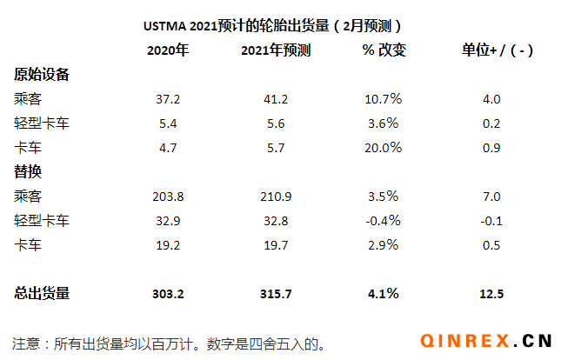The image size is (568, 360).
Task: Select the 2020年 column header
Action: point(168,50)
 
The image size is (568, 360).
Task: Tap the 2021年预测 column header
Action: point(275,50)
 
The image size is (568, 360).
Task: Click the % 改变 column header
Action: point(384,50)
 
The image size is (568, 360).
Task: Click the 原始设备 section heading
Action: point(42,74)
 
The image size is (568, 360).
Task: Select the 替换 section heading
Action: point(29,171)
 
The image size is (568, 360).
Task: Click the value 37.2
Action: point(168,99)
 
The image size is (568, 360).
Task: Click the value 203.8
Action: point(168,196)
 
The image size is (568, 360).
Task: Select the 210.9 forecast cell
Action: point(275,196)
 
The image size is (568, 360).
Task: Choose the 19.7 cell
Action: point(275,245)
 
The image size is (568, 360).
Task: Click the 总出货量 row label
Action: point(42,294)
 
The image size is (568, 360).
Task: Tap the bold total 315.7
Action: point(275,294)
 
